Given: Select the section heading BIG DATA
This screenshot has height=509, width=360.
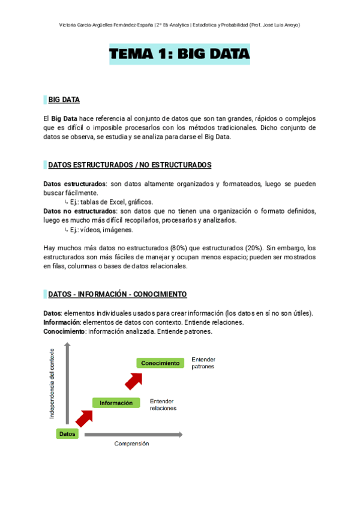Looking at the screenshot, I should [64, 100].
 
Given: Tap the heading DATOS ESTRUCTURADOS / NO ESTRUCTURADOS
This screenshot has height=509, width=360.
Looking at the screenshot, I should [129, 164].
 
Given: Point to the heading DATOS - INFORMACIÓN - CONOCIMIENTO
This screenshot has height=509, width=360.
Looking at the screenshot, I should [117, 294].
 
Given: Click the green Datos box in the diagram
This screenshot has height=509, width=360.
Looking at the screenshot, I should [67, 433].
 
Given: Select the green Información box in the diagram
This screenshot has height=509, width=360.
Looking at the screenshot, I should [116, 403].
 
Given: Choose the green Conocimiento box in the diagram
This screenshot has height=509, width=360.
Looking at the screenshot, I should [161, 363].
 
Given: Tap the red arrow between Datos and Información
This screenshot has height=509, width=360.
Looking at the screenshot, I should [84, 418].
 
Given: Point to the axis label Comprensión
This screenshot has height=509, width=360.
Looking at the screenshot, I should [131, 444].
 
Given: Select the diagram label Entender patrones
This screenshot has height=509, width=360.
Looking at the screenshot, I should [203, 363].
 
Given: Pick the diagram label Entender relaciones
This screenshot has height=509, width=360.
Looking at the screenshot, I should [163, 404].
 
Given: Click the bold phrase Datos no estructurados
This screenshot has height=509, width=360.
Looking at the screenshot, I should [80, 211].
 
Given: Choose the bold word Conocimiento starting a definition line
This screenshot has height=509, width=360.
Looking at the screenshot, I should [65, 331].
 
